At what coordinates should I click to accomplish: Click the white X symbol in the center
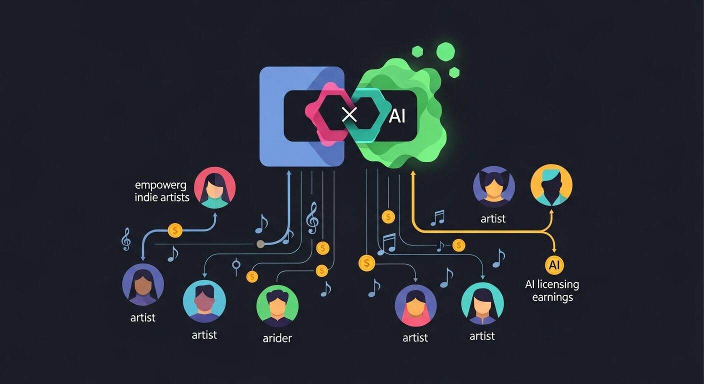tap(349, 114)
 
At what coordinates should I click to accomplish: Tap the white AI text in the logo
tap(397, 116)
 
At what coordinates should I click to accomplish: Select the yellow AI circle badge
tap(554, 265)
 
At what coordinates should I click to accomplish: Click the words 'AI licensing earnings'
tap(552, 290)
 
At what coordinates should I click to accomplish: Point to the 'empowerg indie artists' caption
tap(162, 191)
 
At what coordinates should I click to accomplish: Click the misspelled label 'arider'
tap(277, 338)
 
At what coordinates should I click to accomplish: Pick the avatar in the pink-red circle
tap(214, 187)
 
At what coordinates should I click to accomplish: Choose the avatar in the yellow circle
tap(551, 185)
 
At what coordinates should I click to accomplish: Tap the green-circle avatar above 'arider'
tap(277, 306)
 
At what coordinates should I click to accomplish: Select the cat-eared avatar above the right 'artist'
tap(494, 186)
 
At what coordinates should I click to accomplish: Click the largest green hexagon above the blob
tap(445, 51)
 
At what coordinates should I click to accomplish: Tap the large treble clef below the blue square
tap(312, 217)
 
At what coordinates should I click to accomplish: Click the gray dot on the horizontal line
tap(260, 244)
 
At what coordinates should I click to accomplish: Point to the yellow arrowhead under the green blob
tap(413, 173)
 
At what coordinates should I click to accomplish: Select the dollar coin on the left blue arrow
tap(175, 230)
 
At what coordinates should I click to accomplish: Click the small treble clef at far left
tap(126, 239)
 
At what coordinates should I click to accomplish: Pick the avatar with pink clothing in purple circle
tap(415, 306)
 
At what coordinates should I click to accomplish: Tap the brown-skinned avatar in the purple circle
tap(143, 284)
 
